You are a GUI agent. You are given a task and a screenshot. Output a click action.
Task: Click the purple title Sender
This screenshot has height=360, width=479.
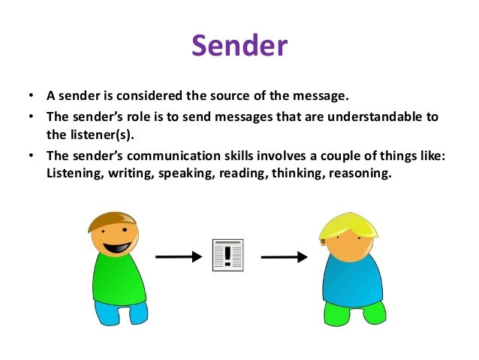pyautogui.click(x=239, y=45)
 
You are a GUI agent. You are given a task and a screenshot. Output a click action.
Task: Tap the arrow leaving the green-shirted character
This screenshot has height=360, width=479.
pyautogui.click(x=179, y=257)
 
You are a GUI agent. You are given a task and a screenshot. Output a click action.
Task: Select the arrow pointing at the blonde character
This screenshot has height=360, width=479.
pyautogui.click(x=284, y=257)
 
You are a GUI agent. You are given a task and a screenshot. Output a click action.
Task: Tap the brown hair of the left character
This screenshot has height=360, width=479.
pyautogui.click(x=109, y=219)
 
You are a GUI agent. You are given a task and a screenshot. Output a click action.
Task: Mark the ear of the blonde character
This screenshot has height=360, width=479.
pyautogui.click(x=323, y=241)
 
